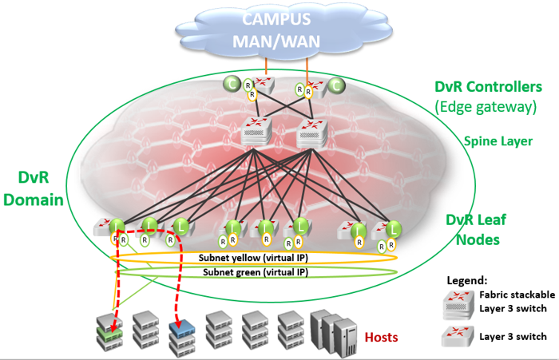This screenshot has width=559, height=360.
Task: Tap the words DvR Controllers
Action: point(488,86)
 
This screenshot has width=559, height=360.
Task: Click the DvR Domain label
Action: point(33,187)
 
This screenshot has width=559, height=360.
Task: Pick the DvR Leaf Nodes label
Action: point(478,227)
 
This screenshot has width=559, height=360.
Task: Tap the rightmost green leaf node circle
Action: point(394,230)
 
